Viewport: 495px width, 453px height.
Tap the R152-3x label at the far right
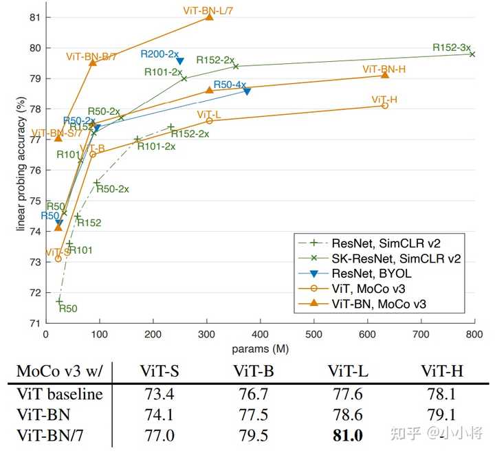[452, 47]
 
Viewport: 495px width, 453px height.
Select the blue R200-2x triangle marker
[180, 61]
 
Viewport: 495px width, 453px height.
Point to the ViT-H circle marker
[385, 105]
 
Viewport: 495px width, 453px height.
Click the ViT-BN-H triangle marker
[385, 74]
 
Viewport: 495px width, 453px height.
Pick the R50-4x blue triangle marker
[247, 91]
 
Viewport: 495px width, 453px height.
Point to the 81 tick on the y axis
[33, 17]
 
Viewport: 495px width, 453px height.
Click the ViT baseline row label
[60, 394]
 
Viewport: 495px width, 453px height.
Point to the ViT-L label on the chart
[208, 113]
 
